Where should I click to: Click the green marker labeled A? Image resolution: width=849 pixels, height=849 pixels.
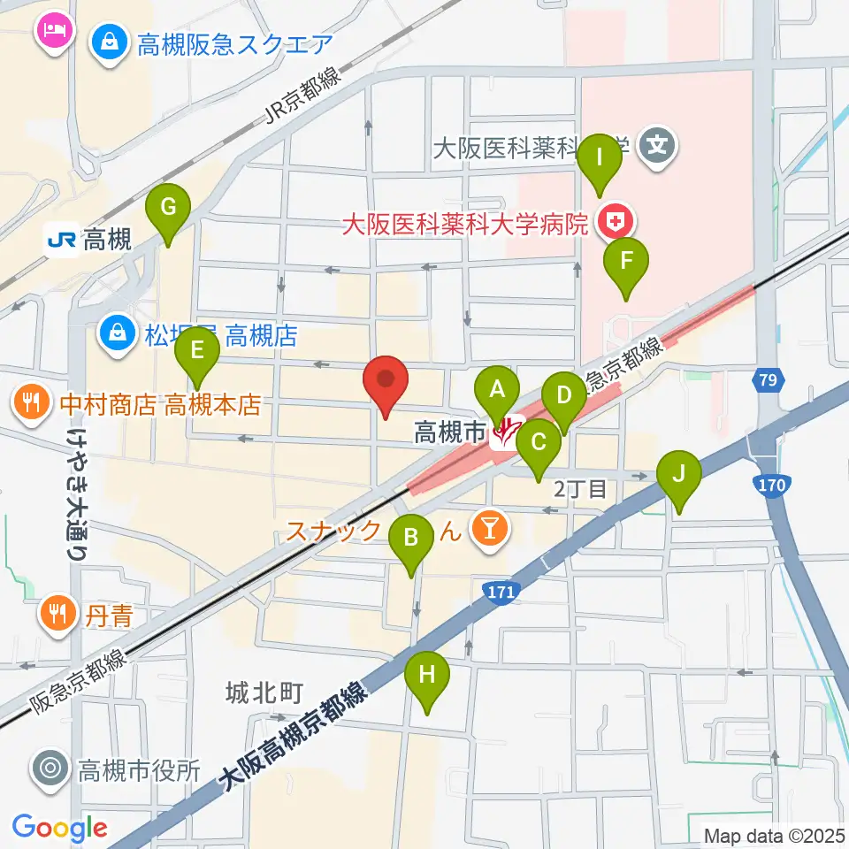[497, 388]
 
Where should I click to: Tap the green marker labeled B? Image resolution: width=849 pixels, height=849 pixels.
[411, 536]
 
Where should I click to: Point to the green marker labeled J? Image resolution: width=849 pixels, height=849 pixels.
[679, 473]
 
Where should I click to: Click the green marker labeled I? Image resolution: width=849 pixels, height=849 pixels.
[600, 158]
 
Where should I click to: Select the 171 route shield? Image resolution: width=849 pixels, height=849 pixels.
[499, 590]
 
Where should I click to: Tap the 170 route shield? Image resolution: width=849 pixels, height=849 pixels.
[773, 485]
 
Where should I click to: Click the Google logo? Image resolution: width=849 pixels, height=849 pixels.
[59, 828]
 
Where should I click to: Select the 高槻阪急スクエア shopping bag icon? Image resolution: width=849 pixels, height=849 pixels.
[111, 42]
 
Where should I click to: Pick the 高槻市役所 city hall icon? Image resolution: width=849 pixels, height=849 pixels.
[50, 769]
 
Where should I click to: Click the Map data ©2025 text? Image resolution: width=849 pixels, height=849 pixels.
[772, 834]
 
